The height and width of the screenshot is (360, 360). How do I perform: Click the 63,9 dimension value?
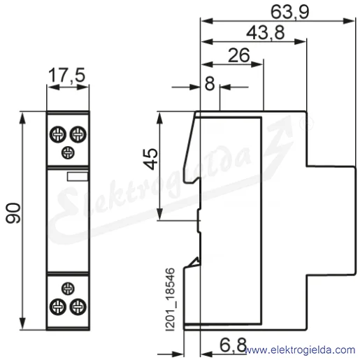click(290, 12)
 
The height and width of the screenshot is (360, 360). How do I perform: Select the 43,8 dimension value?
click(266, 33)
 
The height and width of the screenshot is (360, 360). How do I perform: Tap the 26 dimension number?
click(238, 55)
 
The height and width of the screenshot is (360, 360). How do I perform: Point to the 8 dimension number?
click(210, 84)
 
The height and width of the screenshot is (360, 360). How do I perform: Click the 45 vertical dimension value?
click(150, 159)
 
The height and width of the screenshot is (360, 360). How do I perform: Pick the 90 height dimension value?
click(13, 213)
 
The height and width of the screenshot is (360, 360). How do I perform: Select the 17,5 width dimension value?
click(66, 75)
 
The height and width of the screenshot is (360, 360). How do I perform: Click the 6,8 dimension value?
click(233, 345)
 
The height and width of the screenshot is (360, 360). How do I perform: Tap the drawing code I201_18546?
click(170, 300)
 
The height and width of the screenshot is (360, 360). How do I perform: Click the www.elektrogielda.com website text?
click(300, 350)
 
